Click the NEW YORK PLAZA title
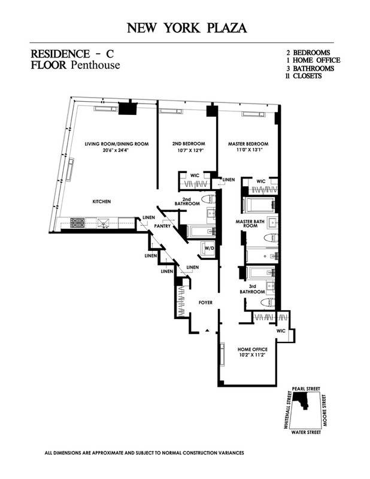point(185,28)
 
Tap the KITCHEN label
point(101,202)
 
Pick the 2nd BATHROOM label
point(187,204)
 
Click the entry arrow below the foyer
point(207,330)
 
